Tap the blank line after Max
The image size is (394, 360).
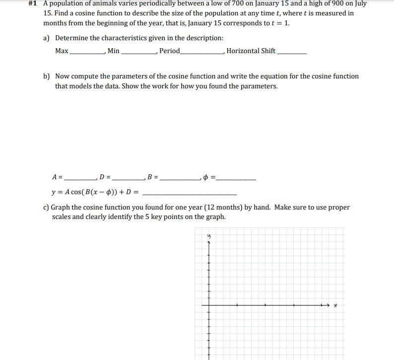coord(87,53)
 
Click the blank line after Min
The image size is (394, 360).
coord(139,53)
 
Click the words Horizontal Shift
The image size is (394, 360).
coord(251,51)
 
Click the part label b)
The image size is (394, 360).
coord(47,76)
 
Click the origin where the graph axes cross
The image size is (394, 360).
coord(209,304)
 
